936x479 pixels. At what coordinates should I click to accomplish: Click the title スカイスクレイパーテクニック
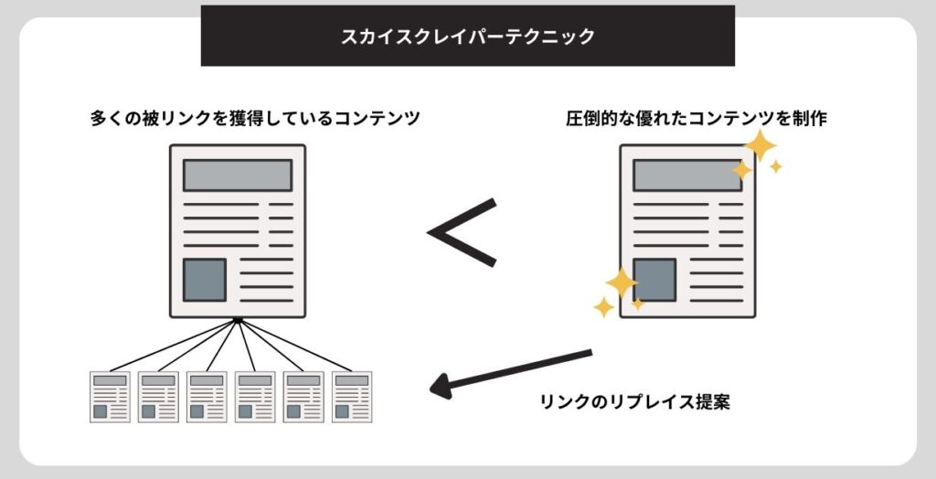[467, 37]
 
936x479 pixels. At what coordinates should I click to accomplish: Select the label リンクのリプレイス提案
[634, 402]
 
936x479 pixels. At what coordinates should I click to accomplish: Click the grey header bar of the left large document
[237, 175]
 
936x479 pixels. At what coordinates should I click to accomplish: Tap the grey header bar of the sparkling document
[686, 175]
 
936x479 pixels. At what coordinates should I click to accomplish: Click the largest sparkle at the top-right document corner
[760, 145]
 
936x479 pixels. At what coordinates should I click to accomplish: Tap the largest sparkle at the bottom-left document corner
[621, 283]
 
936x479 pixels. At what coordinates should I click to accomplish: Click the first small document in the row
[110, 397]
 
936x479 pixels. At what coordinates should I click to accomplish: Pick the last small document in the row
[352, 397]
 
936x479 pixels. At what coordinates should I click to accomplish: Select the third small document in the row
[207, 397]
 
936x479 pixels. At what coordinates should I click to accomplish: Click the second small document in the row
[158, 397]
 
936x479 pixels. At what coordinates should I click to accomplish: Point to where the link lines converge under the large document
[237, 319]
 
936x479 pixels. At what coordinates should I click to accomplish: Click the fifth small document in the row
[303, 397]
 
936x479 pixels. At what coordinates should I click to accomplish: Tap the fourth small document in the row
[255, 397]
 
